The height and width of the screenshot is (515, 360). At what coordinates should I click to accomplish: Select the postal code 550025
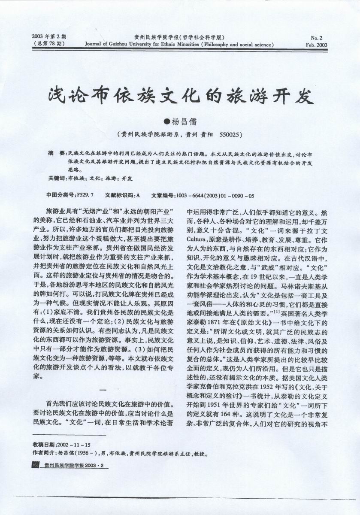pos(230,134)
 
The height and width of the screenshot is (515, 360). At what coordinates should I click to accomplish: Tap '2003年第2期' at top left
pos(48,36)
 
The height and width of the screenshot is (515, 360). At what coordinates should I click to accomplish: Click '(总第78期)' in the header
pos(48,43)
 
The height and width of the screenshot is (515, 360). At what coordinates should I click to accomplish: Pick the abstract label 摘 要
pos(56,153)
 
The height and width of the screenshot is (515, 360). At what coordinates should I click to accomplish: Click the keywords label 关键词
pos(56,178)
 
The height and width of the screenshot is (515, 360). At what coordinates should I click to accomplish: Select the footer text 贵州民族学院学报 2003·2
pos(71,466)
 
